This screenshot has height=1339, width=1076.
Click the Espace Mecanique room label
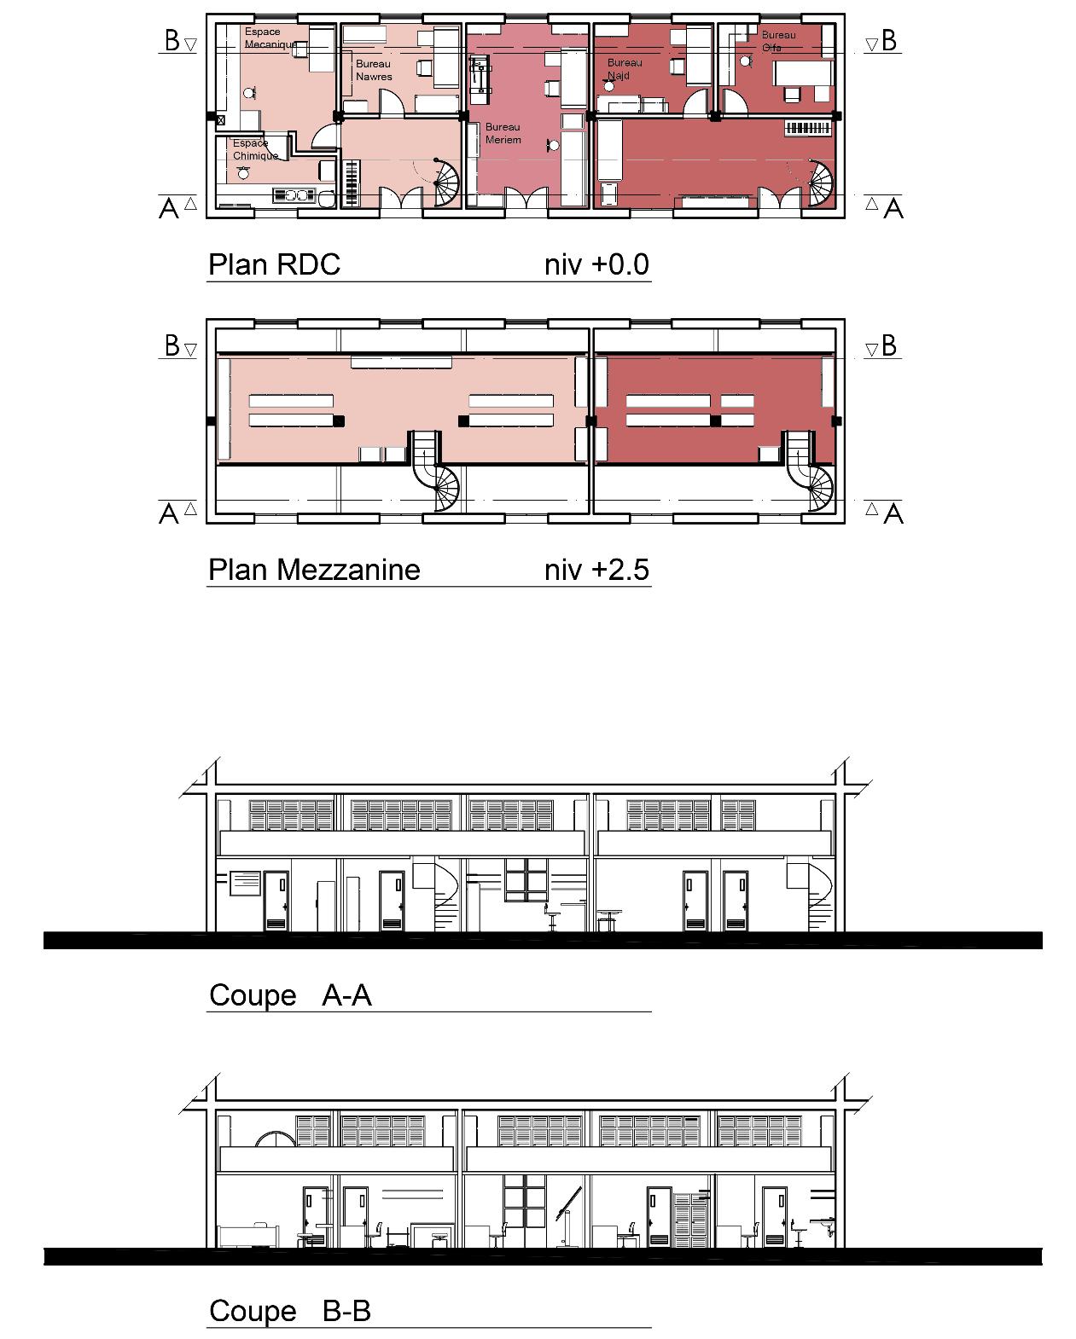(x=270, y=38)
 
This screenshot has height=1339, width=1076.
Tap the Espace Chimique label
(x=255, y=149)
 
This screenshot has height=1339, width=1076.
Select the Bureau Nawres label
(x=374, y=70)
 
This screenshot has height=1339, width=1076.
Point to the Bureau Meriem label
(x=503, y=133)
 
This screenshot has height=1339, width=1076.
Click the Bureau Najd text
(x=624, y=69)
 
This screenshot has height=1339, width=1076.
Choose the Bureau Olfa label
(x=777, y=41)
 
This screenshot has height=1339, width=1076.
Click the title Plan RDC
(x=274, y=264)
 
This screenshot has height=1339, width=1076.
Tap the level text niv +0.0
(x=596, y=264)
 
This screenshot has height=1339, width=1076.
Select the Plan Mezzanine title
(x=314, y=569)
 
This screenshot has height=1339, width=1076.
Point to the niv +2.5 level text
(x=596, y=569)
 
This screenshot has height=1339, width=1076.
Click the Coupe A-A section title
(x=290, y=994)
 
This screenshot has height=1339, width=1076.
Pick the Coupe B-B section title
(x=289, y=1310)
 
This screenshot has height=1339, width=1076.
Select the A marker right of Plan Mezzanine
(x=893, y=513)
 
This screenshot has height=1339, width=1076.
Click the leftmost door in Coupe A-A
(x=276, y=901)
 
